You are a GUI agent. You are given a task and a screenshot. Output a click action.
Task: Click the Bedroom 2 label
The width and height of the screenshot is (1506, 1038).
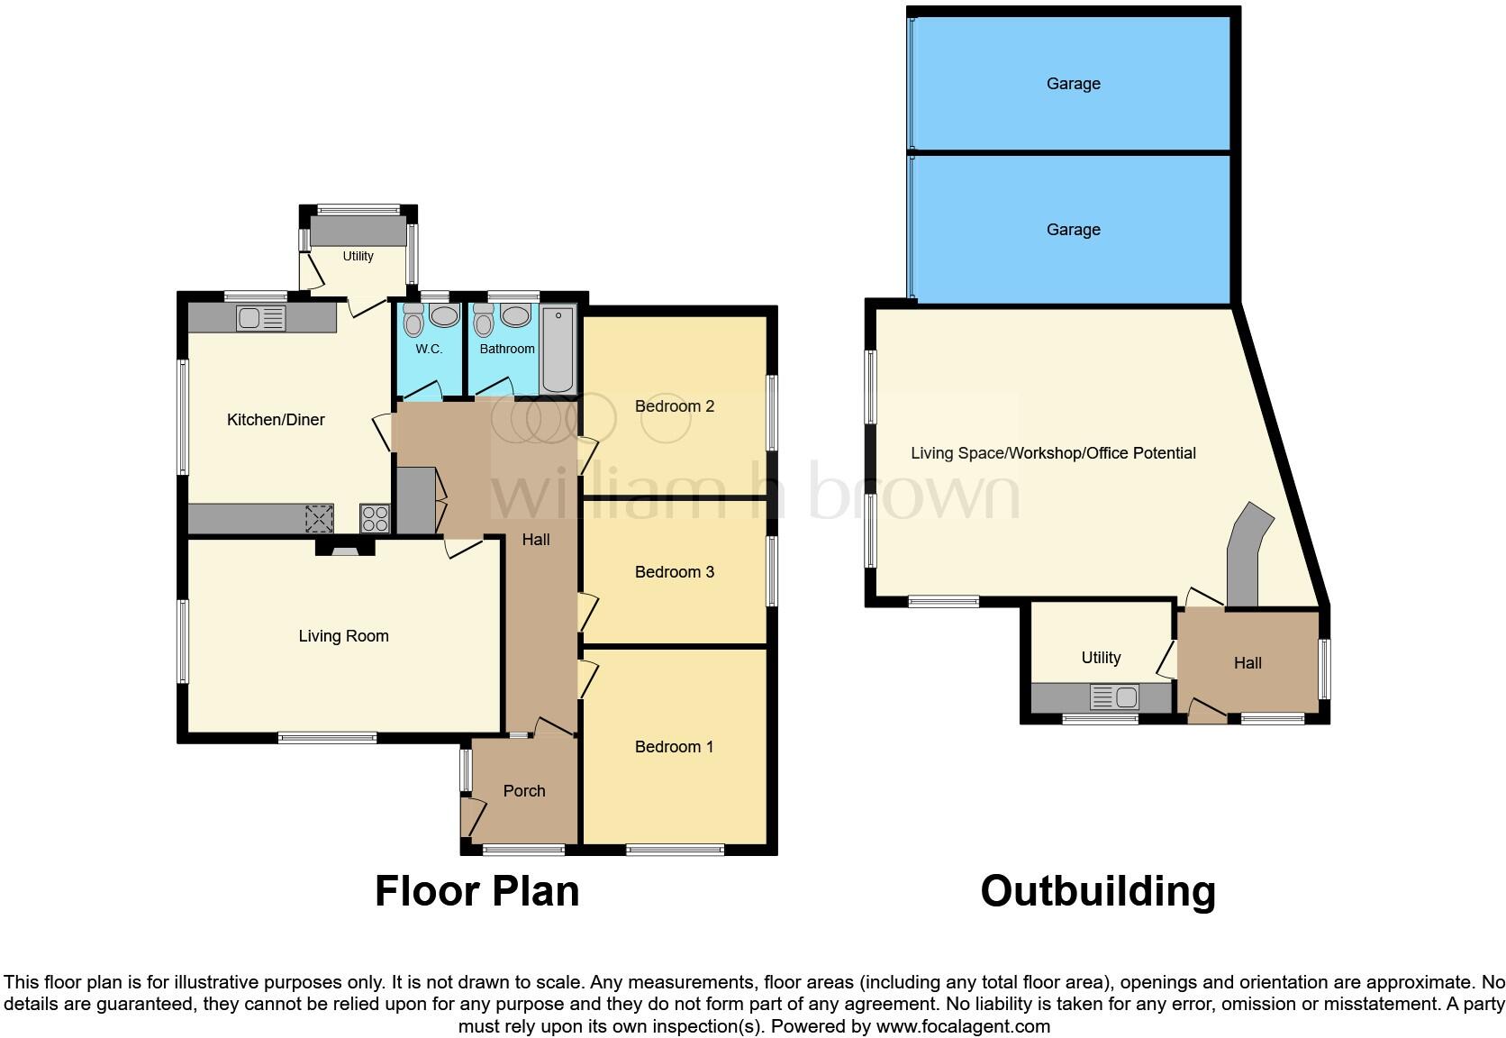point(674,406)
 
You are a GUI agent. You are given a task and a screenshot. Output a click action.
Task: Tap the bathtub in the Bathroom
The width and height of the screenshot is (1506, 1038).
point(558,350)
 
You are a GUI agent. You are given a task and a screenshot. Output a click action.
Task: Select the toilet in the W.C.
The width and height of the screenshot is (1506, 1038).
point(413,320)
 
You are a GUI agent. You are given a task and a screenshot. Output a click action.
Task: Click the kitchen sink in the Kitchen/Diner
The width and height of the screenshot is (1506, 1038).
point(261,318)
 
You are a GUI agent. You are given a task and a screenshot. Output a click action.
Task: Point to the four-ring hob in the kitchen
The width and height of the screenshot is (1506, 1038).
point(375,518)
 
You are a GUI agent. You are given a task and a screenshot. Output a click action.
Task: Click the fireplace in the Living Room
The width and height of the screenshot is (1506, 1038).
point(345,547)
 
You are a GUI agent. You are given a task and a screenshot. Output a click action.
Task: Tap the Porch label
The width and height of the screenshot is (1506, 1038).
point(524,791)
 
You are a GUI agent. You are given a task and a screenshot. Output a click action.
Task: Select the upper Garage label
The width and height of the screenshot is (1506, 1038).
point(1073,84)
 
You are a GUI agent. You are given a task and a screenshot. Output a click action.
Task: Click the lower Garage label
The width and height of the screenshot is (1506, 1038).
point(1073,230)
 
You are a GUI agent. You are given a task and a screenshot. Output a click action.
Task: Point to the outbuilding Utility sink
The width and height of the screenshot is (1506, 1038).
point(1114,697)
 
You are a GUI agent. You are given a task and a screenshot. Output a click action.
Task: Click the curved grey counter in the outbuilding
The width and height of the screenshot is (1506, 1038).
point(1247,554)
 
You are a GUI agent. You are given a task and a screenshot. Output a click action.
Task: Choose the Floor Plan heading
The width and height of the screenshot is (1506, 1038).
point(476,891)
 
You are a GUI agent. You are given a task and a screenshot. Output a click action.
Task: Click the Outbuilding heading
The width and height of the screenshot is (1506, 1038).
point(1098,891)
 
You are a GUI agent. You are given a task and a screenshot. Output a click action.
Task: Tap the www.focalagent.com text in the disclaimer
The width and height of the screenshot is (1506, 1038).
point(963,1026)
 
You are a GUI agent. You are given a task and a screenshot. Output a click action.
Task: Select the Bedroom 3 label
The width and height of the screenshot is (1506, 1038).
point(674,572)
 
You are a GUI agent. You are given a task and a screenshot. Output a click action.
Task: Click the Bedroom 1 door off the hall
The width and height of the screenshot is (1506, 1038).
point(586,678)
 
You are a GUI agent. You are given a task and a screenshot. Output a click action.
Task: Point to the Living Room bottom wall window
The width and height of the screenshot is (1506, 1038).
point(327,738)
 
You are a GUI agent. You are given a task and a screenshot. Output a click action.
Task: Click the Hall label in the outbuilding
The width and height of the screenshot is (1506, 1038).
point(1247,663)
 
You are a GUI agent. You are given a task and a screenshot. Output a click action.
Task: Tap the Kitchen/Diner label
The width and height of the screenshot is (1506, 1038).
point(276,420)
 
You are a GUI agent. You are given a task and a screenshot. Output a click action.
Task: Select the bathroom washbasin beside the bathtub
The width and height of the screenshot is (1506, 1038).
point(515,316)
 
